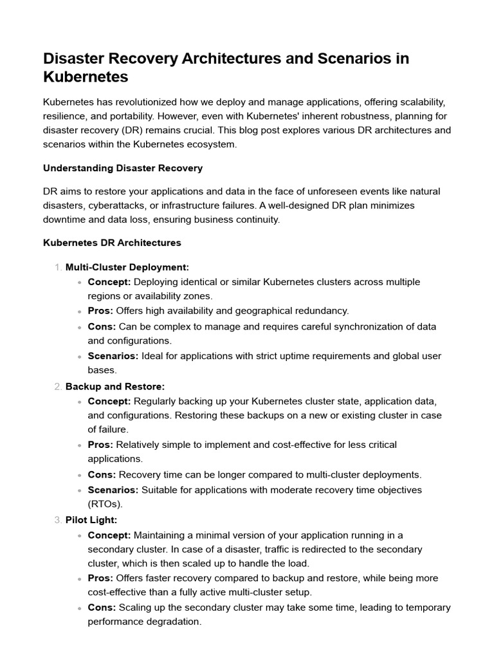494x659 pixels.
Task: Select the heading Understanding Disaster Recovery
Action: (123, 168)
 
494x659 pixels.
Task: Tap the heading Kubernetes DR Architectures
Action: (112, 243)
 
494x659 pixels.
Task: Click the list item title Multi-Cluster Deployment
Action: (127, 267)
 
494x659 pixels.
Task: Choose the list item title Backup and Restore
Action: (115, 386)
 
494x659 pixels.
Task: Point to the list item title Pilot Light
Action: (91, 520)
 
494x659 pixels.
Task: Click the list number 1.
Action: (59, 267)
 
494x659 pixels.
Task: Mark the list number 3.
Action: (59, 520)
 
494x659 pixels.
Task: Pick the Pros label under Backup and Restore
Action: (100, 445)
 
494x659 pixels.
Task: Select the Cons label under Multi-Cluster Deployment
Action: (102, 326)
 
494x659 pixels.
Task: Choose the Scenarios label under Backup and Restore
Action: (113, 490)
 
